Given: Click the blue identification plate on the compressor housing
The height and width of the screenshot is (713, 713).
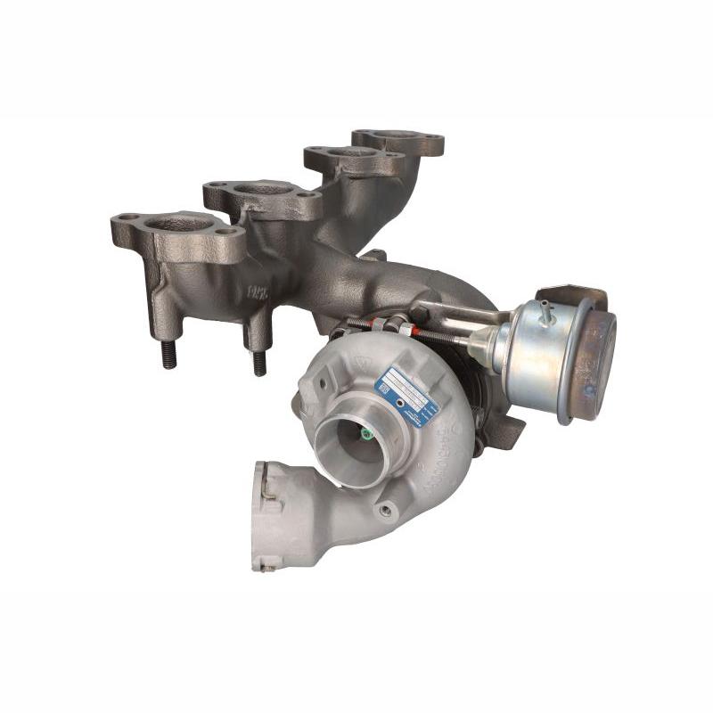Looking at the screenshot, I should (406, 395).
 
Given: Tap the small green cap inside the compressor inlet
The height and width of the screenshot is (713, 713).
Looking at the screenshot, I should (366, 434).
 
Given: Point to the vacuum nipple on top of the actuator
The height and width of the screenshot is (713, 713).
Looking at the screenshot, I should (544, 312).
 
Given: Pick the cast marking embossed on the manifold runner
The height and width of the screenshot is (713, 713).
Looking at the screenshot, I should (258, 291).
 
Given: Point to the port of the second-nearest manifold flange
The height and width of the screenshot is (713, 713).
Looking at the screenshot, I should (261, 189).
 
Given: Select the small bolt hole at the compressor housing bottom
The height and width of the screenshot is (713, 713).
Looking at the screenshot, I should (384, 511).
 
